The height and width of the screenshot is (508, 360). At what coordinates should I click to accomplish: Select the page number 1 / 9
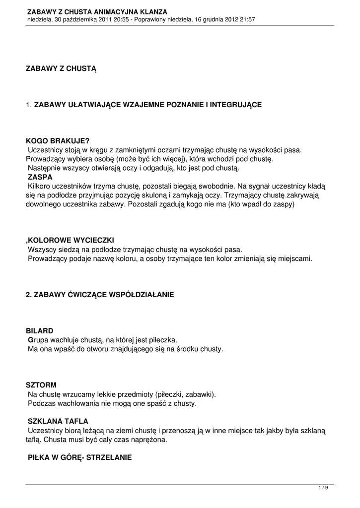coord(323,488)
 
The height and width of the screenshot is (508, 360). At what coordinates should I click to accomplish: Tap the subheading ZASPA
coord(40,177)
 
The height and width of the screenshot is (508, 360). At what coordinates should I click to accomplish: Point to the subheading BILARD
coord(39,330)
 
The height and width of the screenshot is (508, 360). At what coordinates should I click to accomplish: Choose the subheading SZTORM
coord(41,384)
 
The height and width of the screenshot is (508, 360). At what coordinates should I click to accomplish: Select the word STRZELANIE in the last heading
coord(109,457)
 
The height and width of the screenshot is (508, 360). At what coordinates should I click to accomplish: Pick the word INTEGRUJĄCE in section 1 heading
coord(235,105)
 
